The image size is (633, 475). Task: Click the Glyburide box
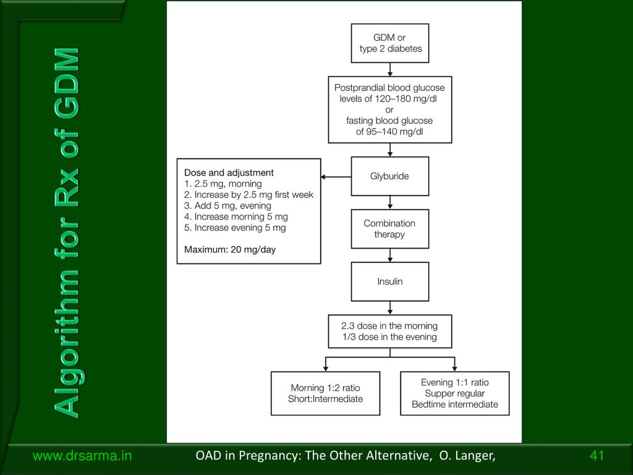pos(390,176)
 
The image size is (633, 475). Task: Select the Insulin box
pos(390,281)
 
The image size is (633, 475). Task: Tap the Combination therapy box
pos(390,229)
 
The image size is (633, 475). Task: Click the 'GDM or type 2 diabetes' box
pos(390,43)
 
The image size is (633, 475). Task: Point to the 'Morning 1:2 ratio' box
pos(325,393)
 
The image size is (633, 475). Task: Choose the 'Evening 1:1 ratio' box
pos(455,393)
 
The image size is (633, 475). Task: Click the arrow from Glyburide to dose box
pos(336,177)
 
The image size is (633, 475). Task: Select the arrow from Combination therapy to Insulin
pos(390,255)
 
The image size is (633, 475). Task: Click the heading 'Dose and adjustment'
pos(229,173)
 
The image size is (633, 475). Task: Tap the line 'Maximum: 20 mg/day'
pos(230,250)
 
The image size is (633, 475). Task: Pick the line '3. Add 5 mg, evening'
pos(227,205)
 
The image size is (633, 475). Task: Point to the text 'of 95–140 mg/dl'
pos(389,132)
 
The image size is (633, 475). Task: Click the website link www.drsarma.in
pos(82,456)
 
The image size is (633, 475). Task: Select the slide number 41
pos(597,456)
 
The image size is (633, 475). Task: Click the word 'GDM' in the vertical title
pos(67,83)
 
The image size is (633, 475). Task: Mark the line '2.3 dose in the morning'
pos(389,326)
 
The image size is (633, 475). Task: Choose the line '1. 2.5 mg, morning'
pos(223,184)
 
